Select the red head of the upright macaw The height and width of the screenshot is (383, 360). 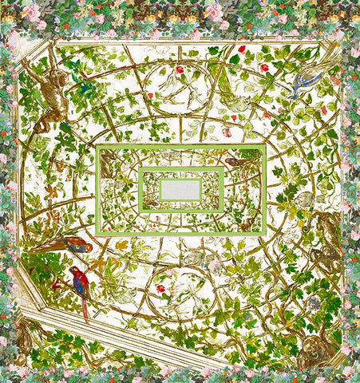(74, 270)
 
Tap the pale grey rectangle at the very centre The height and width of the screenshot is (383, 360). (180, 189)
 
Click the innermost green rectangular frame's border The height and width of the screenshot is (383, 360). (180, 169)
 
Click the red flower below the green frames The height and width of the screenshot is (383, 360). (160, 288)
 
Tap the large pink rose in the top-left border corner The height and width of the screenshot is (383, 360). (31, 11)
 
